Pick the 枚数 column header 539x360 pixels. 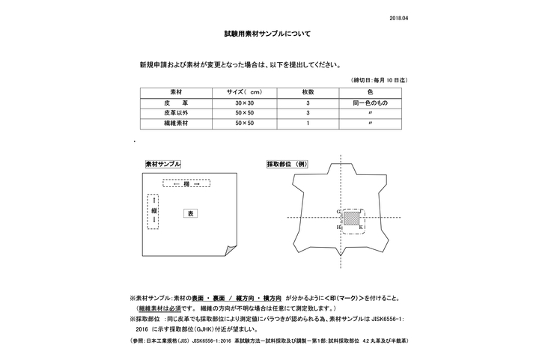308,91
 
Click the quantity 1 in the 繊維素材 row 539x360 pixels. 308,122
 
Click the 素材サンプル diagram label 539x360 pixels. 162,163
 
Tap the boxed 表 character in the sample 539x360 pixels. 190,213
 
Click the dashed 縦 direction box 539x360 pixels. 153,212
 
